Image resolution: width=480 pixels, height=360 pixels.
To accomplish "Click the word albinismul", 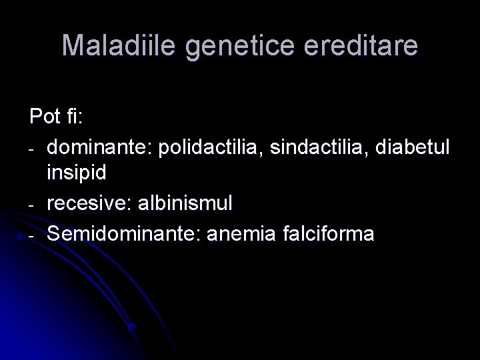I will (190, 203).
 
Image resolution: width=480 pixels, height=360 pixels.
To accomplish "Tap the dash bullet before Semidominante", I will (32, 234).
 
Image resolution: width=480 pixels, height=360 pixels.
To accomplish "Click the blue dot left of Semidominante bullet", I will (22, 236).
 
